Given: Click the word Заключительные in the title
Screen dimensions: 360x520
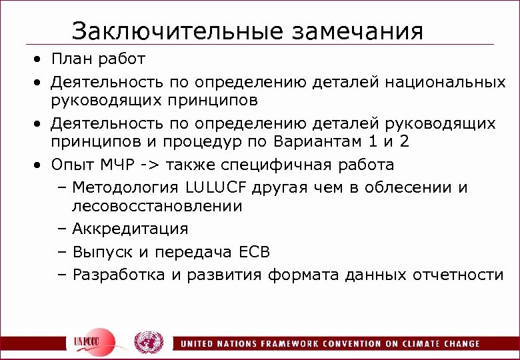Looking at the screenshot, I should (x=160, y=31).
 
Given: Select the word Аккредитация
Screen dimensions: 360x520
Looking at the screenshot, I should (x=130, y=229).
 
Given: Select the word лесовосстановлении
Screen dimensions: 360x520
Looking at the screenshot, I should (x=157, y=207).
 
